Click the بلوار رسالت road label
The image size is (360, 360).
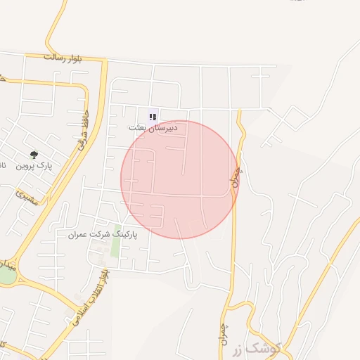coord(63,57)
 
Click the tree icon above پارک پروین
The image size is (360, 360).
coord(34,155)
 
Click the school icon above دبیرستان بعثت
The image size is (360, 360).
coord(153,117)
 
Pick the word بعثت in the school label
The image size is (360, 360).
coord(138,129)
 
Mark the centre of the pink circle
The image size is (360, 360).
coord(179,179)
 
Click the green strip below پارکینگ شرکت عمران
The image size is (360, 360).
coord(115,247)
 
